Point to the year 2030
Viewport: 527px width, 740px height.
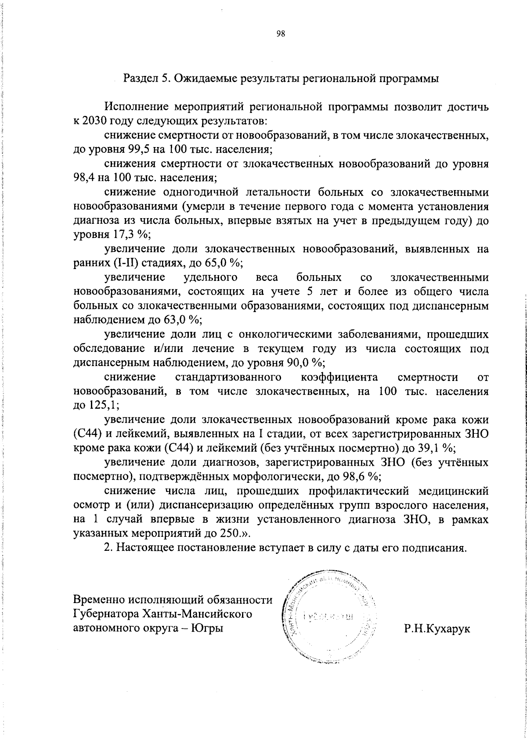coord(94,120)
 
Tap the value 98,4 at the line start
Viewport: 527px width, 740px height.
coord(85,178)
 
